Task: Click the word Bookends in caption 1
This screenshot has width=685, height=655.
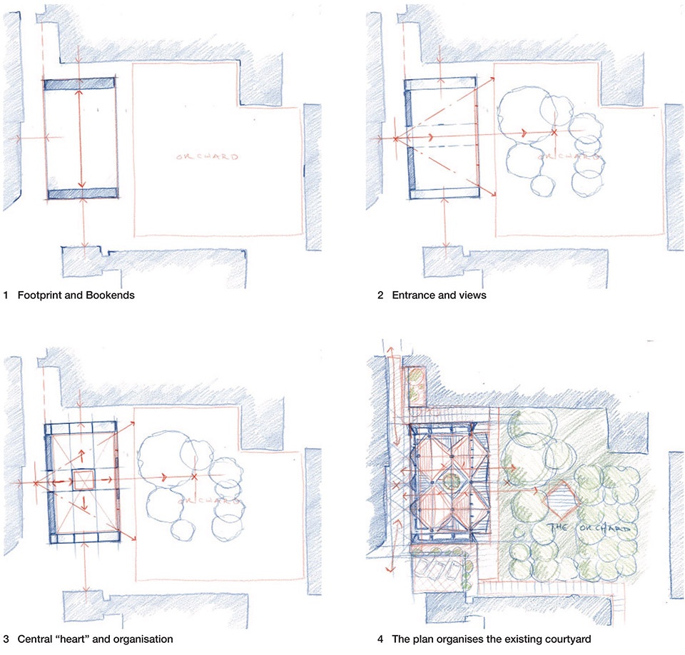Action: click(110, 295)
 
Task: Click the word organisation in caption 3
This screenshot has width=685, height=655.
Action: click(143, 639)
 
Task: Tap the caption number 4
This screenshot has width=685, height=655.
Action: click(380, 639)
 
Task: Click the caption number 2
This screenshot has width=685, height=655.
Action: click(380, 295)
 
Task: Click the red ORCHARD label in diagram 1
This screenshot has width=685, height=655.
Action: click(208, 156)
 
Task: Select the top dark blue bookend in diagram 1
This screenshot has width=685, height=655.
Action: click(79, 84)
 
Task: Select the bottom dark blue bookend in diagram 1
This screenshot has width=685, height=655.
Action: click(83, 193)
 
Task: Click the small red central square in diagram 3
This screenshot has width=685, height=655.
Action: click(83, 480)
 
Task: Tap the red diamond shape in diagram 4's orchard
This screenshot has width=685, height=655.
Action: click(562, 501)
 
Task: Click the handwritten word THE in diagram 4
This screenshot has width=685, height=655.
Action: click(559, 527)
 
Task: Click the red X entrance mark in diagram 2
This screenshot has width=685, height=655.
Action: click(396, 139)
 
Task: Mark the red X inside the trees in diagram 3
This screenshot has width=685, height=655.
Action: click(194, 477)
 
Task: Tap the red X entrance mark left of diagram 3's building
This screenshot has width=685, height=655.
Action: click(36, 483)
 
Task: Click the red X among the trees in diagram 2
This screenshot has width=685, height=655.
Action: click(554, 131)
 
